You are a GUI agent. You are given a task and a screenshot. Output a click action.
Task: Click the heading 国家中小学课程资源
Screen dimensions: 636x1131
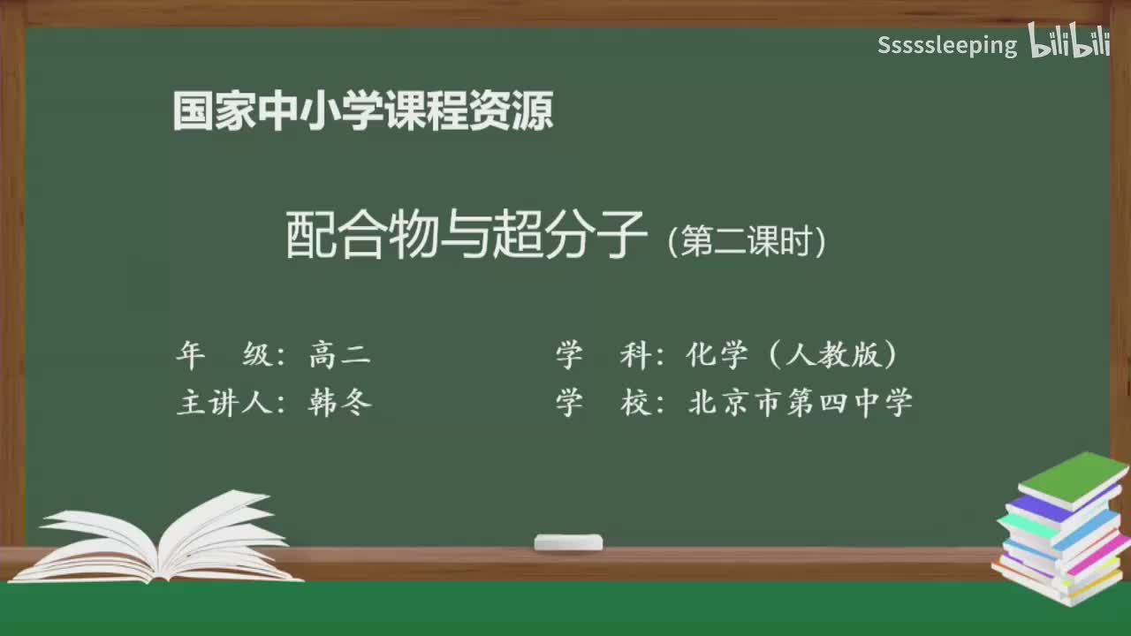tap(363, 111)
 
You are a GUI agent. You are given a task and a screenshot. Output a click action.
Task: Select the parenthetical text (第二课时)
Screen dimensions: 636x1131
tap(747, 242)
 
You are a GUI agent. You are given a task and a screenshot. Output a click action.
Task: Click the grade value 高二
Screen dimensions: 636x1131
tap(340, 356)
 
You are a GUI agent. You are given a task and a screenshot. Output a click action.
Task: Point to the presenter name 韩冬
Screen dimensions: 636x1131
tap(340, 403)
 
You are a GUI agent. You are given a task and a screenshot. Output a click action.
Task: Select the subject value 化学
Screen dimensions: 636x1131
tap(717, 356)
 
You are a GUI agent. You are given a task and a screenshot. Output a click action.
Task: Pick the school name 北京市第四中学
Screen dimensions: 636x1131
tap(800, 403)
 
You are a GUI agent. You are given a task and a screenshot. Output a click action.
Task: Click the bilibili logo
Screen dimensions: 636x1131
tap(1069, 42)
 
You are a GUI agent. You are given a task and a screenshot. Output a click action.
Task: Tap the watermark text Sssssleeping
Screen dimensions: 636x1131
tap(947, 46)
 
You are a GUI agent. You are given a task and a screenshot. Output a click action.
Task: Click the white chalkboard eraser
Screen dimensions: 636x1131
tap(568, 541)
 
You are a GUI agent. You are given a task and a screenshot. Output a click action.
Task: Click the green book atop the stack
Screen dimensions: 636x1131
tap(1073, 477)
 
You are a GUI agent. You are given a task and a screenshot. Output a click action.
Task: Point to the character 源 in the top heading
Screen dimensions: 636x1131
tap(534, 111)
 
